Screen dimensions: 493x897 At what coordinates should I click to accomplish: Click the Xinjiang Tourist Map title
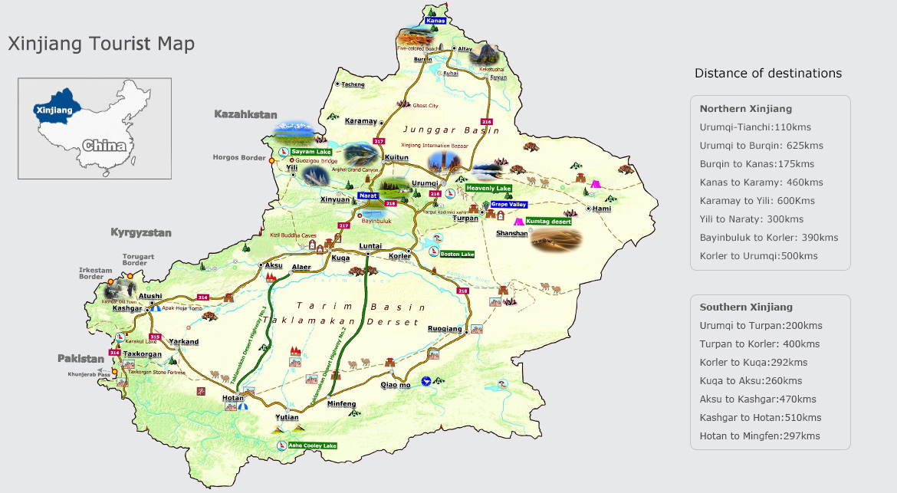pos(101,44)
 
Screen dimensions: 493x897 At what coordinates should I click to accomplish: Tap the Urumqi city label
pos(424,183)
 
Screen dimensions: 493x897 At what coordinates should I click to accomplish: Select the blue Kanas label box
pos(435,21)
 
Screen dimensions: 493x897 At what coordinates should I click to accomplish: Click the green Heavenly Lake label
pos(488,188)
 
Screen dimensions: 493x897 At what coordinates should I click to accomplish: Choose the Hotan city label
pos(233,399)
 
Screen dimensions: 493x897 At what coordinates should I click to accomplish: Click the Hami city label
pos(602,209)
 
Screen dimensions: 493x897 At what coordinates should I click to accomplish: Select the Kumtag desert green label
pos(548,221)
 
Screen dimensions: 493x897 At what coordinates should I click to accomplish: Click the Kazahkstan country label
pos(245,114)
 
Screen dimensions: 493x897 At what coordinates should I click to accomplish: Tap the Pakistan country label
pos(80,358)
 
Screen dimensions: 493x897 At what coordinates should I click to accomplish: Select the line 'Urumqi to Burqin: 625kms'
pos(761,146)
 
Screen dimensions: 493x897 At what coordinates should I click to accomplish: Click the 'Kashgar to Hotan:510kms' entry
pos(760,418)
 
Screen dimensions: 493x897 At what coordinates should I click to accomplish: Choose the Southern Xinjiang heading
pos(746,307)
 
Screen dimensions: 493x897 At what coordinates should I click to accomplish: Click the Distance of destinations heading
pos(767,74)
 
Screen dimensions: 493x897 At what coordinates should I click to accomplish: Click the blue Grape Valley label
pos(508,205)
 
